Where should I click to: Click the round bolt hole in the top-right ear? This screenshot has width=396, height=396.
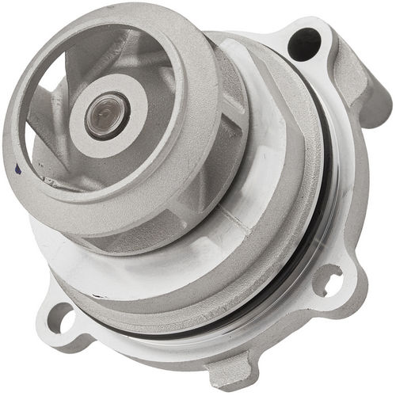(304, 43)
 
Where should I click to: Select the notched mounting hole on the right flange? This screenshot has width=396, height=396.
(328, 279)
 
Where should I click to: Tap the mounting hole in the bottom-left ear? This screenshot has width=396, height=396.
(62, 318)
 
